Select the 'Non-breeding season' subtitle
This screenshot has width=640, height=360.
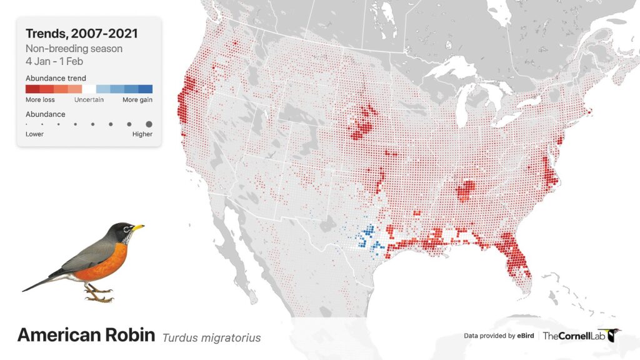74,49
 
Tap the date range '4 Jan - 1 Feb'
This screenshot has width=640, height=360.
54,61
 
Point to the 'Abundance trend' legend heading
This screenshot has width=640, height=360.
56,78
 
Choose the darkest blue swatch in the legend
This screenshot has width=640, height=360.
146,89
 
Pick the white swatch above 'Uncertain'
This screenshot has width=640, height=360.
89,89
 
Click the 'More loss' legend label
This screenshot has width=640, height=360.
41,100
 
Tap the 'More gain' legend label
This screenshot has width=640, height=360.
137,100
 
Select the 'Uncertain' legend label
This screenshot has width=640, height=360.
89,100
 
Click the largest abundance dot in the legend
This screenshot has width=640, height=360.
149,124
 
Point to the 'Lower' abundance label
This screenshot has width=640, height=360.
34,134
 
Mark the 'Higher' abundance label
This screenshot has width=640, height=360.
142,134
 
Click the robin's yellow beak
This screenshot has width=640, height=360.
138,227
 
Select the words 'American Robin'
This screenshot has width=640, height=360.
86,335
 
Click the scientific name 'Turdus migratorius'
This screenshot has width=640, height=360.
211,337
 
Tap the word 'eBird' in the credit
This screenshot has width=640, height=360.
525,336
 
